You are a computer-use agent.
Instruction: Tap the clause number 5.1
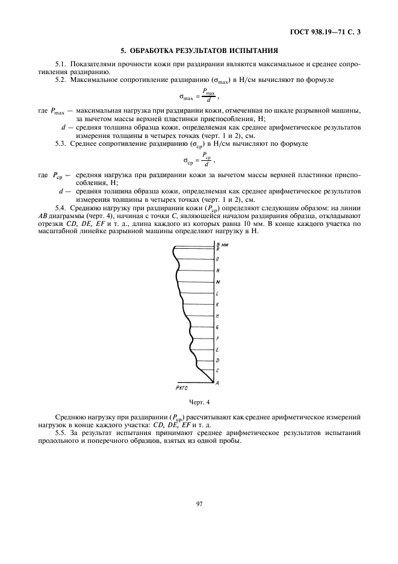[x=61, y=63]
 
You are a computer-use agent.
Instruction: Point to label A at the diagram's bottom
[x=217, y=383]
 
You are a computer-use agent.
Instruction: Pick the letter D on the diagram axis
[x=217, y=360]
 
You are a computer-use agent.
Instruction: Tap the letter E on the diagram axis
[x=217, y=349]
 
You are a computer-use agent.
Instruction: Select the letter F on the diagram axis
[x=217, y=338]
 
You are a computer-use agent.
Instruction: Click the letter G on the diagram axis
[x=217, y=327]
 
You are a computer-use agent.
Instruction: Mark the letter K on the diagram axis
[x=217, y=305]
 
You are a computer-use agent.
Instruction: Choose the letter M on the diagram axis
[x=217, y=282]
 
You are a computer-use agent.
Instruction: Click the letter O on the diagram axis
[x=217, y=259]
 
